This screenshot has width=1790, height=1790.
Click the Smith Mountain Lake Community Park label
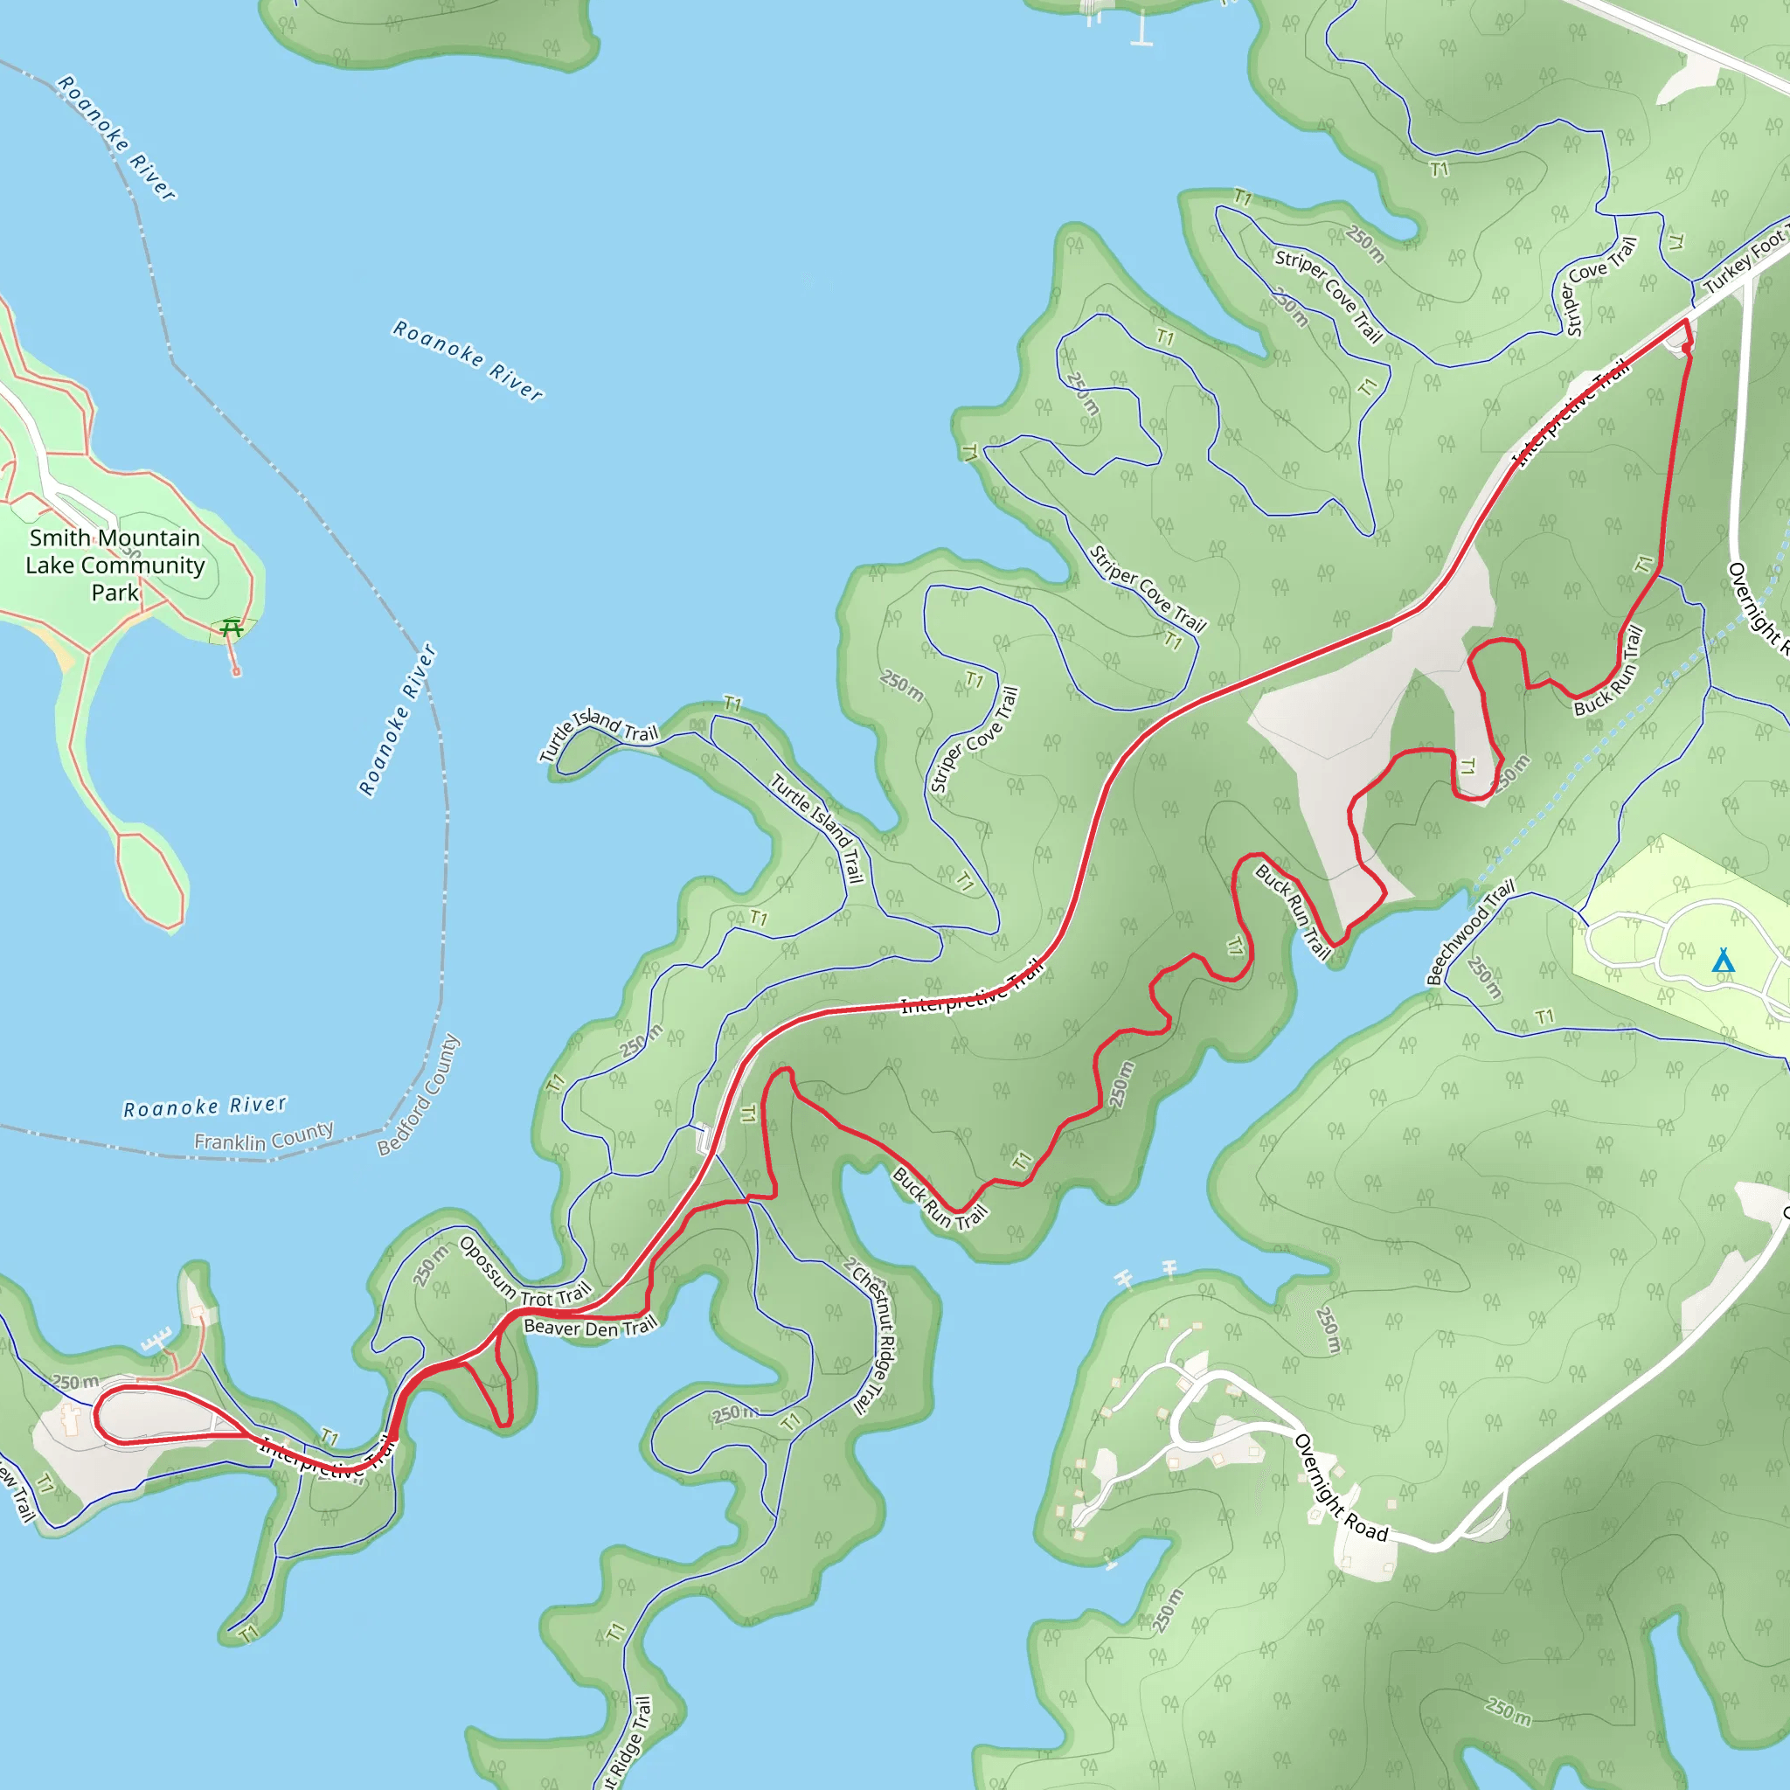[x=114, y=565]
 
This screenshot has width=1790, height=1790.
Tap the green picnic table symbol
[x=232, y=628]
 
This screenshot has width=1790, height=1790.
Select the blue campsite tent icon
[x=1723, y=960]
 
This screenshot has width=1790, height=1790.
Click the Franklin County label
[x=263, y=1137]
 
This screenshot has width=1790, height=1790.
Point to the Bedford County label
[x=418, y=1095]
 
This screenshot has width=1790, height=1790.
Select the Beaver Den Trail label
[x=590, y=1328]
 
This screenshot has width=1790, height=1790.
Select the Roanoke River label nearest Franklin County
[x=205, y=1107]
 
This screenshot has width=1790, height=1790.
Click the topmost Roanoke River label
[x=117, y=138]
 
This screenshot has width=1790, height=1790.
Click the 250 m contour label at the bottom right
[x=1509, y=1711]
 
